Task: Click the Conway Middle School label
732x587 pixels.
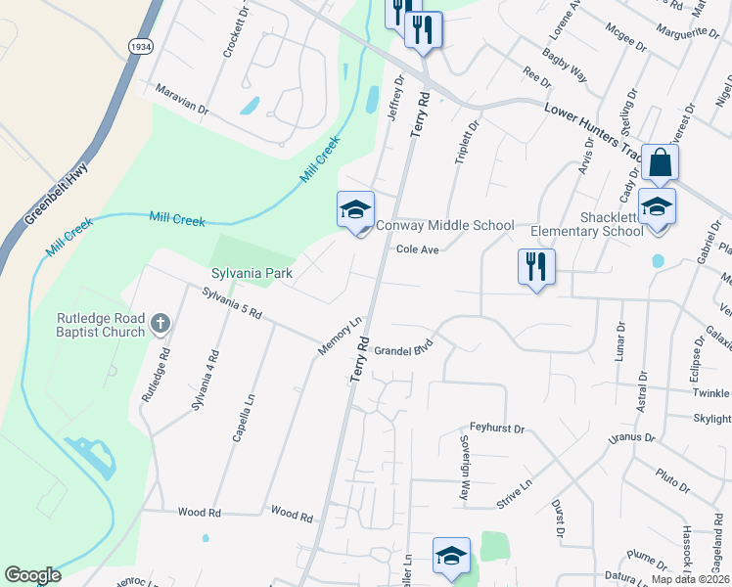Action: click(445, 226)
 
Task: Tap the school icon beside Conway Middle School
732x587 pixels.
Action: click(355, 209)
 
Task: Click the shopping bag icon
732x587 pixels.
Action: click(660, 162)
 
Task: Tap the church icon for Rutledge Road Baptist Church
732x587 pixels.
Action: click(160, 322)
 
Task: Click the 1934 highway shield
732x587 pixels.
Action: click(140, 47)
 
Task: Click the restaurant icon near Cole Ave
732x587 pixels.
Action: click(535, 266)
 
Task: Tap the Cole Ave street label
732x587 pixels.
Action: click(417, 249)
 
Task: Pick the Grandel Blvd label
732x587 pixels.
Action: click(403, 349)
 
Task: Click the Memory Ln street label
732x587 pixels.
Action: click(341, 336)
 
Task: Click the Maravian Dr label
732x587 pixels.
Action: click(183, 99)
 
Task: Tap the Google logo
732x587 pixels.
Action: click(32, 575)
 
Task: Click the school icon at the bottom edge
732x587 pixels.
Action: click(451, 555)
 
